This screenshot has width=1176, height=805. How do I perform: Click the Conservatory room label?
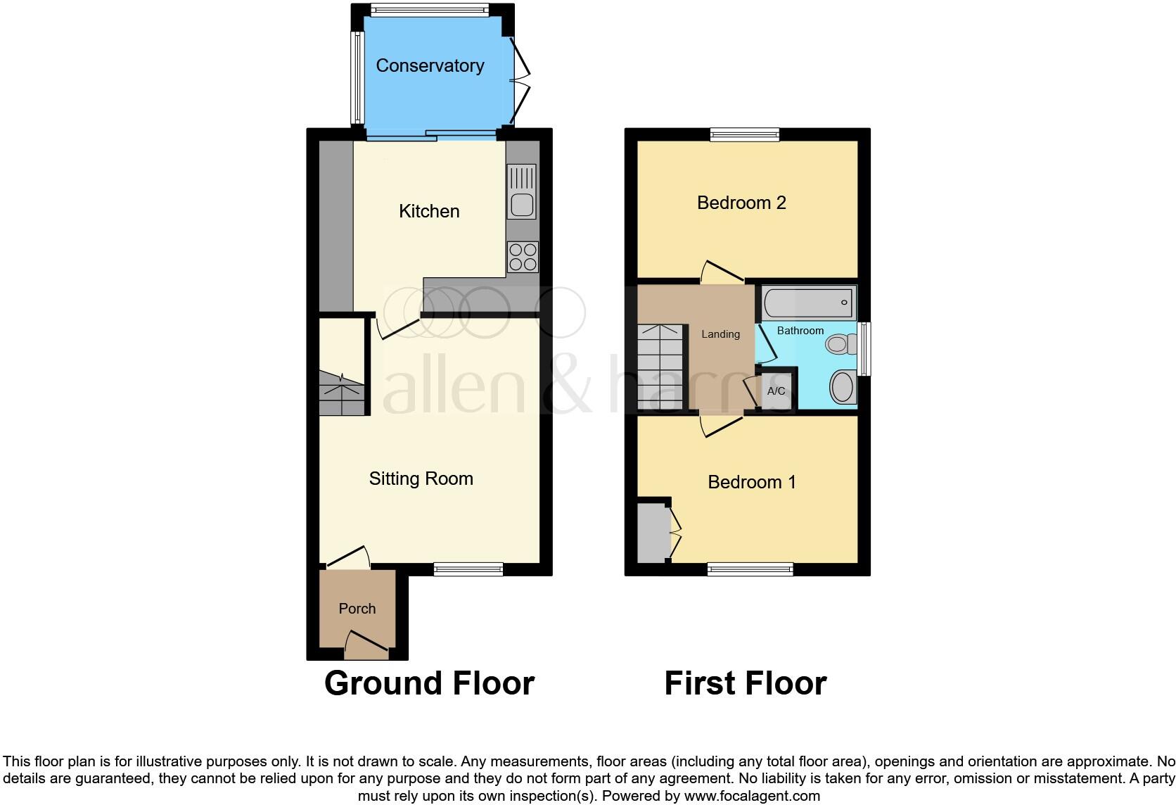[430, 65]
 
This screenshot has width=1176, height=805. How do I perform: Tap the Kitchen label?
[429, 211]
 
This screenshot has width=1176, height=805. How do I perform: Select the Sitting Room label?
[421, 478]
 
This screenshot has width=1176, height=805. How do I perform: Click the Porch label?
[357, 609]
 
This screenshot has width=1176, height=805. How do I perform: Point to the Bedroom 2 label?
[741, 203]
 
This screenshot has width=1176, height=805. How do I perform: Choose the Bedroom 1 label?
[751, 482]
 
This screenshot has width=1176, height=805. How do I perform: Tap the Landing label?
[720, 334]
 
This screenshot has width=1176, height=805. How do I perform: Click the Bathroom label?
[800, 331]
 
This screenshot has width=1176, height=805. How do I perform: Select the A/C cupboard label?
[776, 391]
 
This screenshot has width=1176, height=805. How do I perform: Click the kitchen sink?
[521, 192]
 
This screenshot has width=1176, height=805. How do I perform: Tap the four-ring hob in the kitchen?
[523, 257]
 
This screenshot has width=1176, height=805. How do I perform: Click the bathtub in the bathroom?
[808, 303]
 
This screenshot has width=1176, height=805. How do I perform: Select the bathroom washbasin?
[842, 386]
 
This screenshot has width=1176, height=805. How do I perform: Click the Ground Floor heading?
[429, 683]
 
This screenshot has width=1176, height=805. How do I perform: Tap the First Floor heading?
[745, 683]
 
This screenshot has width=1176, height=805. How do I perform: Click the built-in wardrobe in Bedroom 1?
[653, 533]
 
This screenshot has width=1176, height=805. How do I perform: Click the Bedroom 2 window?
[745, 134]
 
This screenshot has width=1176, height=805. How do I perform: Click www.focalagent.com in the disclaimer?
[752, 796]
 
